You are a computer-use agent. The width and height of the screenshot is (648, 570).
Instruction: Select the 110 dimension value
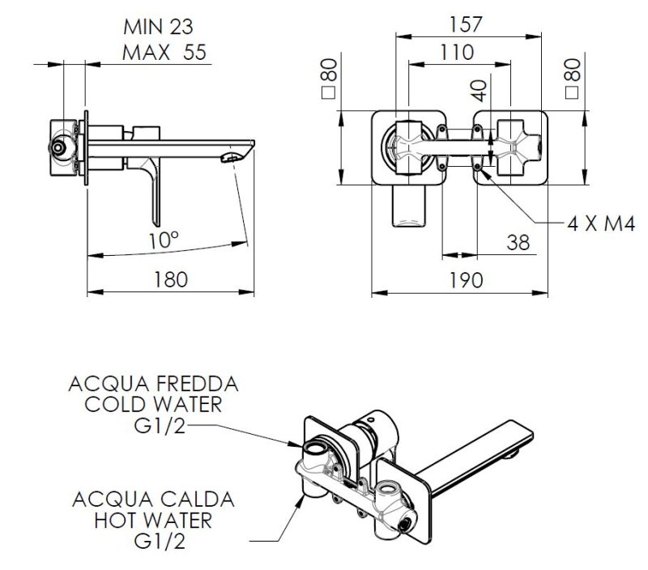(x=458, y=53)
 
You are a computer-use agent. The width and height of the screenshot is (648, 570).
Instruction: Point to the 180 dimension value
(x=171, y=279)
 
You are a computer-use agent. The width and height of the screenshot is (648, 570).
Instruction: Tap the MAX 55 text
(x=164, y=53)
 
